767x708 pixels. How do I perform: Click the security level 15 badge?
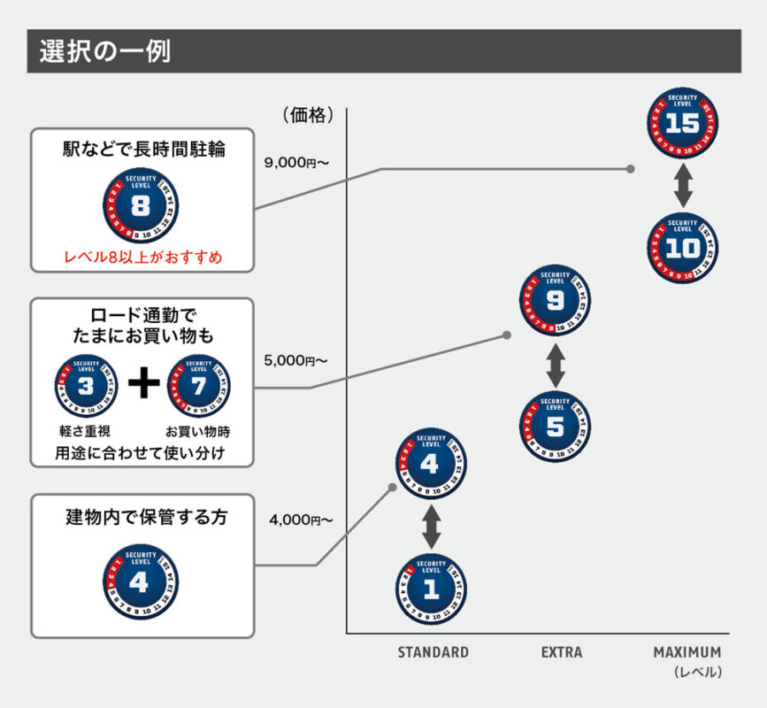[x=682, y=123]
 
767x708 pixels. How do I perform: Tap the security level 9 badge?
[x=556, y=302]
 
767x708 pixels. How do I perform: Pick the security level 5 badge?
[x=556, y=427]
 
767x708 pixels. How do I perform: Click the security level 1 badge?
[x=431, y=589]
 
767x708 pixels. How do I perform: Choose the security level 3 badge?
[x=86, y=387]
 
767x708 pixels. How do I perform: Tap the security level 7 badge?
[x=198, y=387]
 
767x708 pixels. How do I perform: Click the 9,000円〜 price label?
[x=295, y=163]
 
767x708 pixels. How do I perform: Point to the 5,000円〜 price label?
[x=295, y=360]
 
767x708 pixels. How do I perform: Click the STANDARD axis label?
[x=433, y=652]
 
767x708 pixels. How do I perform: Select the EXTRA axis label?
[x=562, y=652]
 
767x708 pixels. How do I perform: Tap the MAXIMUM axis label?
[x=686, y=652]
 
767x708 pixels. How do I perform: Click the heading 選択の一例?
[x=104, y=51]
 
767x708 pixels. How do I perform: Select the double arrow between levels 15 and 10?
[x=682, y=186]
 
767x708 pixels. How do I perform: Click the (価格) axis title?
[x=307, y=114]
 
